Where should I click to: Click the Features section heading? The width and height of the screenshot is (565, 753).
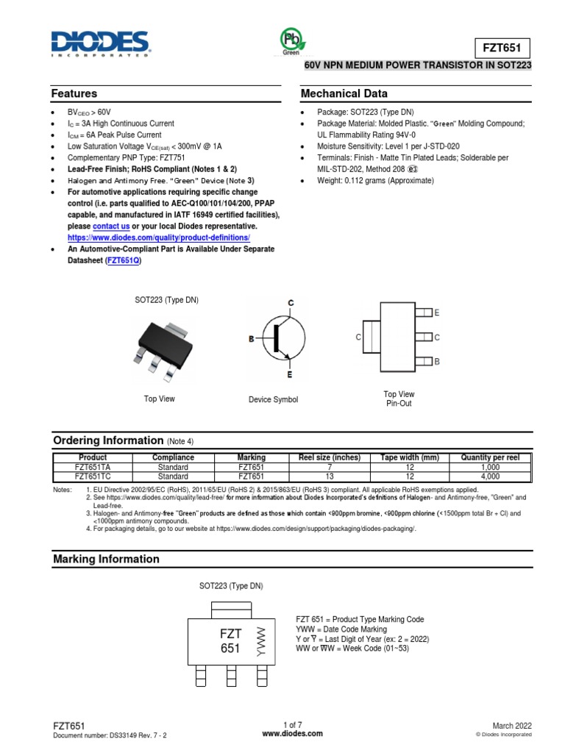74,94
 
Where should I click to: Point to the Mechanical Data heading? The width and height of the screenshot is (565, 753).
344,94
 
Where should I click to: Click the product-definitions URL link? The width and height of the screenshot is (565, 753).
159,238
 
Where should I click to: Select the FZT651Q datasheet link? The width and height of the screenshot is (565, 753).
124,260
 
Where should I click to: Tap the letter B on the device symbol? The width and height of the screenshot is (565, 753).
251,339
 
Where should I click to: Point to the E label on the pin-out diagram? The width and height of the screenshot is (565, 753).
437,313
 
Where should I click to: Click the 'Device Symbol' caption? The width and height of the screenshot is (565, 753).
274,399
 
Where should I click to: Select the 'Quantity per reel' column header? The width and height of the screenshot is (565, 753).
490,457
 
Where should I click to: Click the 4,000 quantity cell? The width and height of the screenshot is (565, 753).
490,477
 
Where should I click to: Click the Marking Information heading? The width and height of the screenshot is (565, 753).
106,560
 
